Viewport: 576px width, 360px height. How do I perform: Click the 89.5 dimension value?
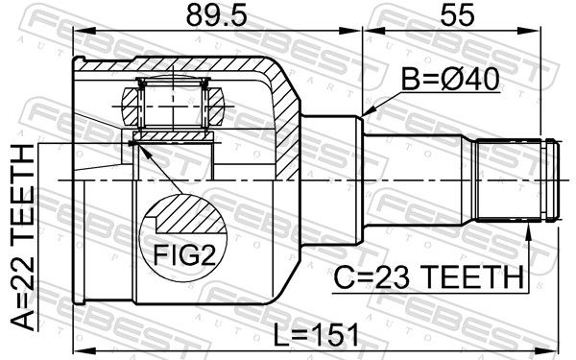click(x=216, y=15)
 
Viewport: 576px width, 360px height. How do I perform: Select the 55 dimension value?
click(x=457, y=15)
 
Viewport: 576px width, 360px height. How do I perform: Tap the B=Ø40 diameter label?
click(x=450, y=80)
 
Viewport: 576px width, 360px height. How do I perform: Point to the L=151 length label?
click(x=317, y=335)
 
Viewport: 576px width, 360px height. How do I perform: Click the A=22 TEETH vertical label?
click(x=23, y=237)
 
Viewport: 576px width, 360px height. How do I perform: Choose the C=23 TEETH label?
click(x=428, y=277)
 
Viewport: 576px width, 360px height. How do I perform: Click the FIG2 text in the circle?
click(x=184, y=255)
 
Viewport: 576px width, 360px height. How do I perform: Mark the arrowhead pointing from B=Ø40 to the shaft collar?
click(x=368, y=111)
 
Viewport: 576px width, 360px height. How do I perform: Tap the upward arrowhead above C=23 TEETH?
click(x=528, y=229)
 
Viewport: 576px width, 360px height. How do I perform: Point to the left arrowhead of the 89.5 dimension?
click(x=83, y=31)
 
